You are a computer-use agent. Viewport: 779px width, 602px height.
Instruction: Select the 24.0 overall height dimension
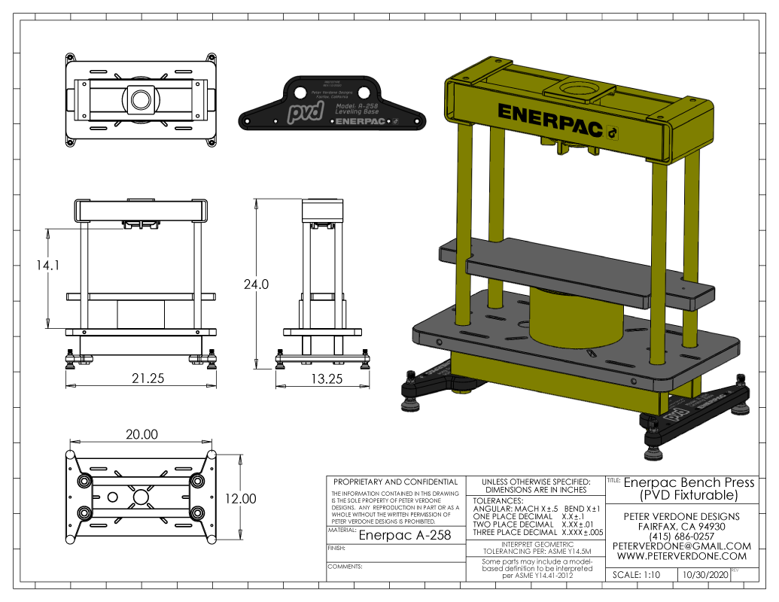pyautogui.click(x=256, y=284)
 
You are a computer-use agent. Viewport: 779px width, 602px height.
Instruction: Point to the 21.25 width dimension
pyautogui.click(x=148, y=379)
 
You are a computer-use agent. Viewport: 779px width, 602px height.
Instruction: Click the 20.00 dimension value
pyautogui.click(x=141, y=434)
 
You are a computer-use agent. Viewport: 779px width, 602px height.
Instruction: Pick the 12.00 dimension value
pyautogui.click(x=240, y=499)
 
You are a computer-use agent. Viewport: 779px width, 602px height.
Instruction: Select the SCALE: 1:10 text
pyautogui.click(x=637, y=575)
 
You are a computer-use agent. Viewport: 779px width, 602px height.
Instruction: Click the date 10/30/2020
pyautogui.click(x=704, y=575)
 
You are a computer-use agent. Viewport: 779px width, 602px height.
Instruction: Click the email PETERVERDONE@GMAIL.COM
pyautogui.click(x=682, y=546)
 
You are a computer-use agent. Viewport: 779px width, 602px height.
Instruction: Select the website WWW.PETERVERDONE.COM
pyautogui.click(x=682, y=556)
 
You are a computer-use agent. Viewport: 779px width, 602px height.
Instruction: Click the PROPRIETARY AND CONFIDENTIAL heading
pyautogui.click(x=395, y=482)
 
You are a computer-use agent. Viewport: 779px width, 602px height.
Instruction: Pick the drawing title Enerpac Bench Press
pyautogui.click(x=689, y=482)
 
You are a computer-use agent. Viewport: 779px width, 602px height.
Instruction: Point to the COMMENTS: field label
pyautogui.click(x=345, y=565)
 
